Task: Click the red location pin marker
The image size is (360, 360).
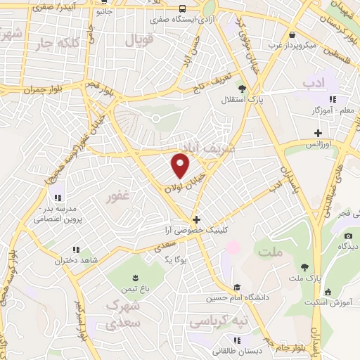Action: (x=181, y=165)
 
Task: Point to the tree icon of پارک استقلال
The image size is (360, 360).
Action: (x=242, y=89)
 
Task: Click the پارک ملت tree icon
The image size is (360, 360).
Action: (x=304, y=266)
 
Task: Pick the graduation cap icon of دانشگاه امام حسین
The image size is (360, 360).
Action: (x=237, y=287)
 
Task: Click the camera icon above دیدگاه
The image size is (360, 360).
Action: (x=347, y=235)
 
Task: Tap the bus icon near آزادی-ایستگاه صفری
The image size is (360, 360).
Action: (x=182, y=9)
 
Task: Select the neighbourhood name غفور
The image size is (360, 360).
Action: (x=117, y=198)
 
